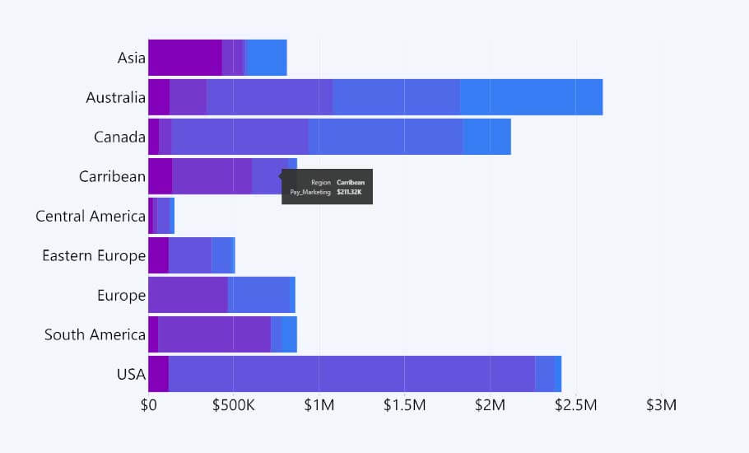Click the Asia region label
(x=131, y=58)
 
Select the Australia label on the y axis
(x=115, y=97)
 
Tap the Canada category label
(x=119, y=137)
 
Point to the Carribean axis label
(x=112, y=176)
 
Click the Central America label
(x=91, y=216)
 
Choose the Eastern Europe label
(x=94, y=255)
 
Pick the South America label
(x=95, y=334)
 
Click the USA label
(x=131, y=374)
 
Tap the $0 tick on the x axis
(x=148, y=405)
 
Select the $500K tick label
(x=234, y=405)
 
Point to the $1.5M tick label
(x=405, y=405)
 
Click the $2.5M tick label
(x=575, y=405)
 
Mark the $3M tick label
(x=661, y=405)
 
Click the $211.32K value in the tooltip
(x=349, y=192)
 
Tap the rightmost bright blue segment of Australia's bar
(x=531, y=97)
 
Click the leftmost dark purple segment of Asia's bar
(x=185, y=58)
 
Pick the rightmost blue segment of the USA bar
(x=548, y=374)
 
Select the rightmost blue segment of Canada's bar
(x=486, y=137)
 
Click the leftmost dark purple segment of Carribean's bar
(x=160, y=176)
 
